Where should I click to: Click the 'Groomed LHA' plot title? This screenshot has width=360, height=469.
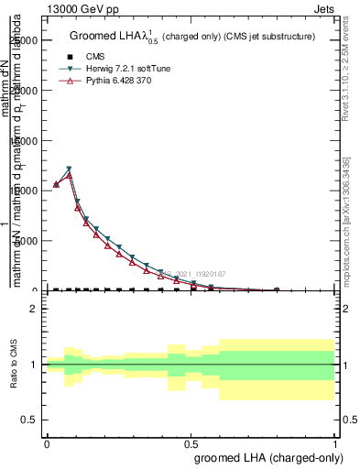click(x=192, y=37)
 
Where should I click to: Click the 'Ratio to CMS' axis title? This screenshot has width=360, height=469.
click(x=15, y=366)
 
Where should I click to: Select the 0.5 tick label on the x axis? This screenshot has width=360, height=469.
click(x=191, y=442)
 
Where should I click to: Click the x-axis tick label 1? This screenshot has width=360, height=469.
click(x=335, y=442)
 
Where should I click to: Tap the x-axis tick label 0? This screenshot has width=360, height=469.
click(x=47, y=442)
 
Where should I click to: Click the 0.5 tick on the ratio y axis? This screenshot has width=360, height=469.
click(x=30, y=420)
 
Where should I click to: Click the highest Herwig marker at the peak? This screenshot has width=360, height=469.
click(x=69, y=169)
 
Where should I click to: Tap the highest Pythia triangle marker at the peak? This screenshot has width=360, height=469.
click(x=69, y=175)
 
